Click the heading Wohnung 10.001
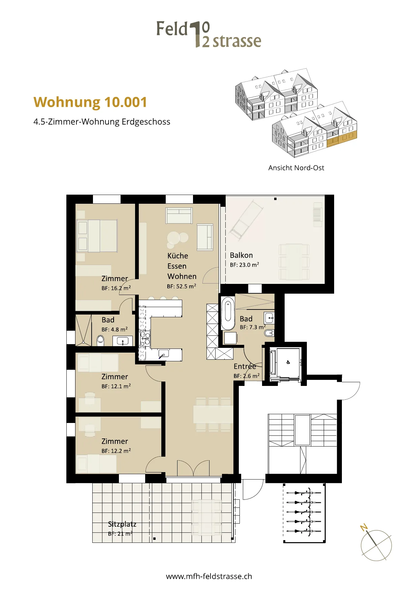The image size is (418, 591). tap(90, 102)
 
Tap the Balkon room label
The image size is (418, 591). tap(241, 255)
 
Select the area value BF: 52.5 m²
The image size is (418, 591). tap(182, 286)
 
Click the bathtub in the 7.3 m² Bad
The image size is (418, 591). tap(228, 314)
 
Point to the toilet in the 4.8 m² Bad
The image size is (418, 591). tap(101, 340)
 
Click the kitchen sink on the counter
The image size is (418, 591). tap(163, 354)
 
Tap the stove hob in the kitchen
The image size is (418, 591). tap(145, 338)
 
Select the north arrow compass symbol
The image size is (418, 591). tap(376, 543)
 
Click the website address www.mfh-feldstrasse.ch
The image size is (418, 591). tap(209, 576)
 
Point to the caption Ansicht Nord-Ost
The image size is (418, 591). tap(296, 168)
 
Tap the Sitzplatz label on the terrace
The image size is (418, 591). tap(122, 524)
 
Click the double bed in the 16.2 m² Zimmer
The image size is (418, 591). tap(97, 236)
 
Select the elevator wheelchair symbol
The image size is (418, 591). tap(288, 362)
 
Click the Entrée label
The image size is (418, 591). tap(245, 366)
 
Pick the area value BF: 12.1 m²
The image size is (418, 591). tap(116, 386)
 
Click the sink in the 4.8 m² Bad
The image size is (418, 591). tap(123, 341)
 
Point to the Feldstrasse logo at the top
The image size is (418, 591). tap(209, 34)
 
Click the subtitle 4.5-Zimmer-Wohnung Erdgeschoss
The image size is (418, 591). tap(102, 122)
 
